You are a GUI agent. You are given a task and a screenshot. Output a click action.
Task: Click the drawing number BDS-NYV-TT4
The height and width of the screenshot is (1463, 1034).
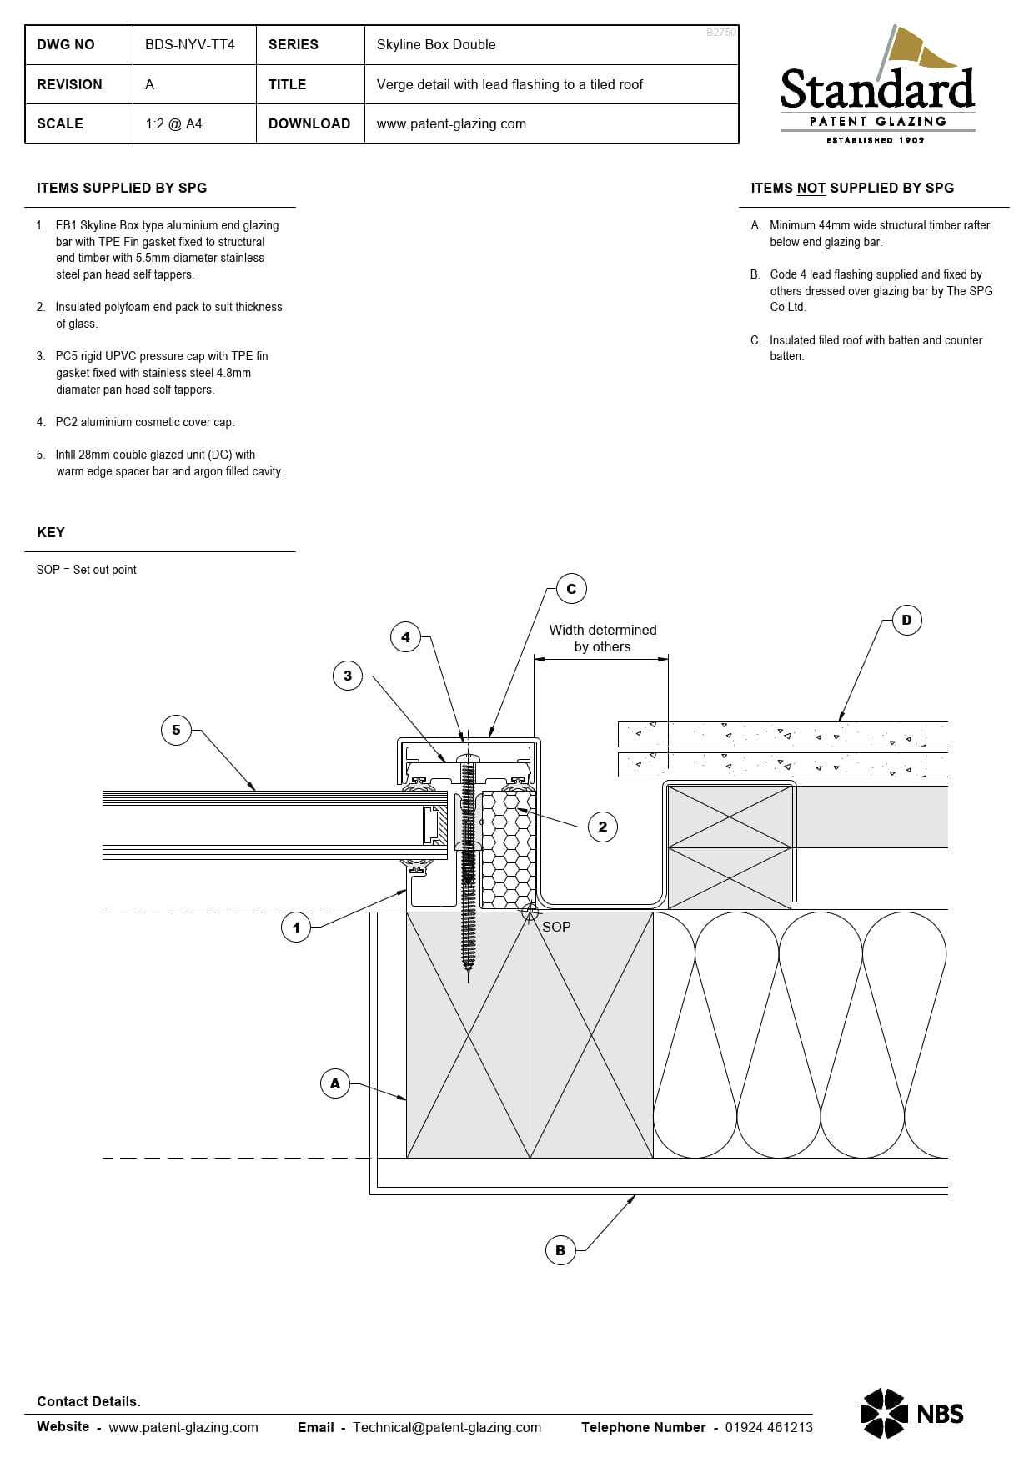point(190,44)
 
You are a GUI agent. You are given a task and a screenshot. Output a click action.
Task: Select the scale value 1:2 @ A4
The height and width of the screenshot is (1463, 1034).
point(173,123)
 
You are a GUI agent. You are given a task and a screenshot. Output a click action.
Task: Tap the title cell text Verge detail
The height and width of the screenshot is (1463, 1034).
point(509,84)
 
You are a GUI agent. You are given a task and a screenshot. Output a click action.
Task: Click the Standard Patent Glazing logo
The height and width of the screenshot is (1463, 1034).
point(877,88)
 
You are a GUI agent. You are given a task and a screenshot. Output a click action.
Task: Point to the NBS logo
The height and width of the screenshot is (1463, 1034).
point(911,1413)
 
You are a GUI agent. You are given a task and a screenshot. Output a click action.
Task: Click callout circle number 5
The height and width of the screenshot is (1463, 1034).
point(176,730)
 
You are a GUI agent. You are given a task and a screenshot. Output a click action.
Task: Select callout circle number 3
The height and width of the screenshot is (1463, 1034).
point(348,676)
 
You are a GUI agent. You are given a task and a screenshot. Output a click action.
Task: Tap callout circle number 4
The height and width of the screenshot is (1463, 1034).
point(405,637)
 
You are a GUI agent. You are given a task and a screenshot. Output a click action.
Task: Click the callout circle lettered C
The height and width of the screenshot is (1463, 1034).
point(571,589)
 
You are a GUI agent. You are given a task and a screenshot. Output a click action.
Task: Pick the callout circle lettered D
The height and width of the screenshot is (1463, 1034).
point(906,620)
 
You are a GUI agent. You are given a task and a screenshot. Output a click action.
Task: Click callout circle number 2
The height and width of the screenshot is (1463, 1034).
point(603,827)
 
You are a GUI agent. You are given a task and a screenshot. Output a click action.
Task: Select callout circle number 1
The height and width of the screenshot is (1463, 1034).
point(296,927)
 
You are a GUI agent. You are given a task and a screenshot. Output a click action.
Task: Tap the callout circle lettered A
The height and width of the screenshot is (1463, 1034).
point(335,1083)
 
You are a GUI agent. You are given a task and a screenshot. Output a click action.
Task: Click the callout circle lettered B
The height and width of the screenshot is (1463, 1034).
point(560,1250)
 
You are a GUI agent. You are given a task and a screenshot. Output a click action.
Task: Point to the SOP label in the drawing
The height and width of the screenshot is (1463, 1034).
point(556,927)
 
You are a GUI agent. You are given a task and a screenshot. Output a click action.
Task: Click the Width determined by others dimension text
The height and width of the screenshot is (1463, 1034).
point(602,638)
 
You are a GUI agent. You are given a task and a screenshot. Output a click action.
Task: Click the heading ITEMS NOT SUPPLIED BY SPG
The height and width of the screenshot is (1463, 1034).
point(852,188)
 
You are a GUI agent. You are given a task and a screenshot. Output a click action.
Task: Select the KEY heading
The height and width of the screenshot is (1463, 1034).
point(51,532)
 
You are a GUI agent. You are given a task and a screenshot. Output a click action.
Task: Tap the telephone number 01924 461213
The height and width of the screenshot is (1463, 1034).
point(768,1427)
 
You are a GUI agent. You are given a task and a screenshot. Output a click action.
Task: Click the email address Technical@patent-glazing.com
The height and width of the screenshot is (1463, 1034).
point(447,1427)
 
